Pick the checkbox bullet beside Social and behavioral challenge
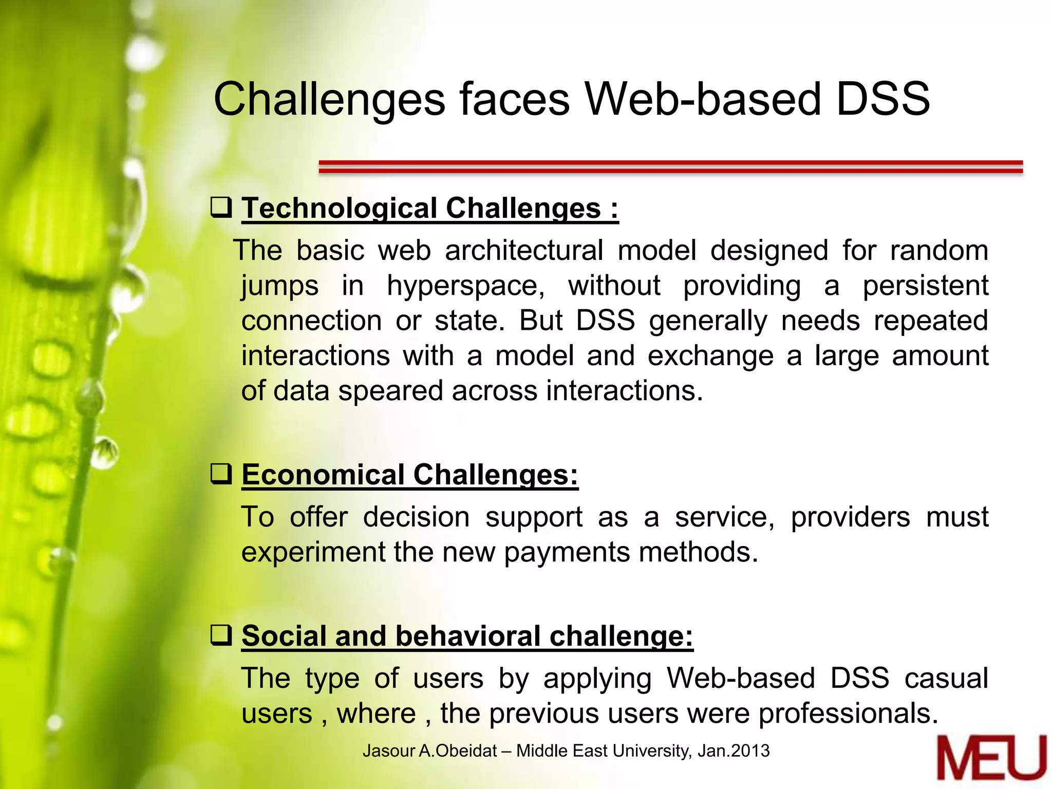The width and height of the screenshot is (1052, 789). pyautogui.click(x=222, y=635)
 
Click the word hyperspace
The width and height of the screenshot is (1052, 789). pyautogui.click(x=465, y=286)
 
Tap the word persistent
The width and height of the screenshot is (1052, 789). pyautogui.click(x=925, y=285)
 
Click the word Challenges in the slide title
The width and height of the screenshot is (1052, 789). pyautogui.click(x=329, y=100)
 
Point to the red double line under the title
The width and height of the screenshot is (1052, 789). pyautogui.click(x=670, y=166)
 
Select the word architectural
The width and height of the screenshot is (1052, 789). pyautogui.click(x=524, y=251)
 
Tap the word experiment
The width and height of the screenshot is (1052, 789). pyautogui.click(x=313, y=552)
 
